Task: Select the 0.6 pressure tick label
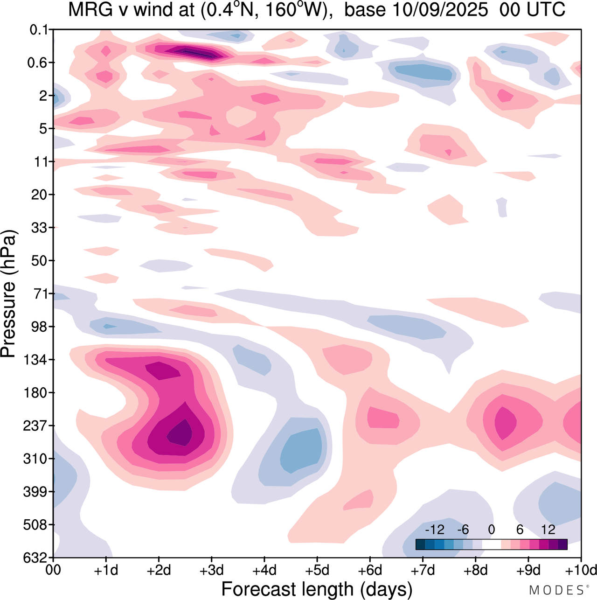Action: [x=38, y=63]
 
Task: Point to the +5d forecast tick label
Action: [x=317, y=571]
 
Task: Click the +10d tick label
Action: [x=581, y=571]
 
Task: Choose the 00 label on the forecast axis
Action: [x=53, y=571]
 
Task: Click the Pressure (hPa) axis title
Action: [x=9, y=294]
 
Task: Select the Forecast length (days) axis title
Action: [x=317, y=589]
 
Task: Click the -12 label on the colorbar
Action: [x=435, y=530]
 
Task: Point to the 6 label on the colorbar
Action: [x=520, y=530]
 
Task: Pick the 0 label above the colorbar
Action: [x=491, y=530]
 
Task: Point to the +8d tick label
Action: [x=475, y=571]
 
